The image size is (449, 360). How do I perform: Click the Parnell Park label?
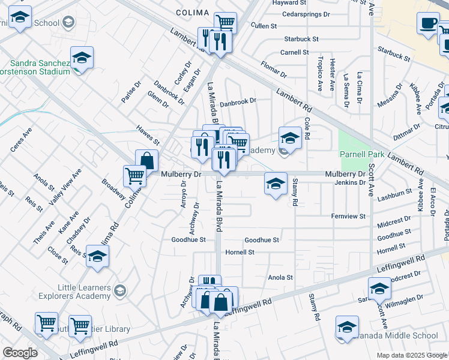point(358,154)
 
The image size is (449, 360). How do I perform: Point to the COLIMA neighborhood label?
point(192,12)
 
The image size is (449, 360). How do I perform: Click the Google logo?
point(19,353)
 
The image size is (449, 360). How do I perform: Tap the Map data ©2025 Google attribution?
point(411,355)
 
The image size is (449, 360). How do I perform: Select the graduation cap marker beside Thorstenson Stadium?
point(82,58)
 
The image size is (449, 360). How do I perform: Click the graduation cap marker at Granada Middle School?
point(347,327)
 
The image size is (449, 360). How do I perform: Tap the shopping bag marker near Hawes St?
point(146,161)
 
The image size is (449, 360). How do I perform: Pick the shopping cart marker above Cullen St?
point(225,23)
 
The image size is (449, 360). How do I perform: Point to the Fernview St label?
point(348,216)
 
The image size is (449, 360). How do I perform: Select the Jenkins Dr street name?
point(350,182)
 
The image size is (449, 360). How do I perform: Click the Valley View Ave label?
point(65,188)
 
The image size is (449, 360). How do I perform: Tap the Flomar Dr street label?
point(274,69)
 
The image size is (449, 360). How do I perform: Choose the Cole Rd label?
point(307,128)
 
